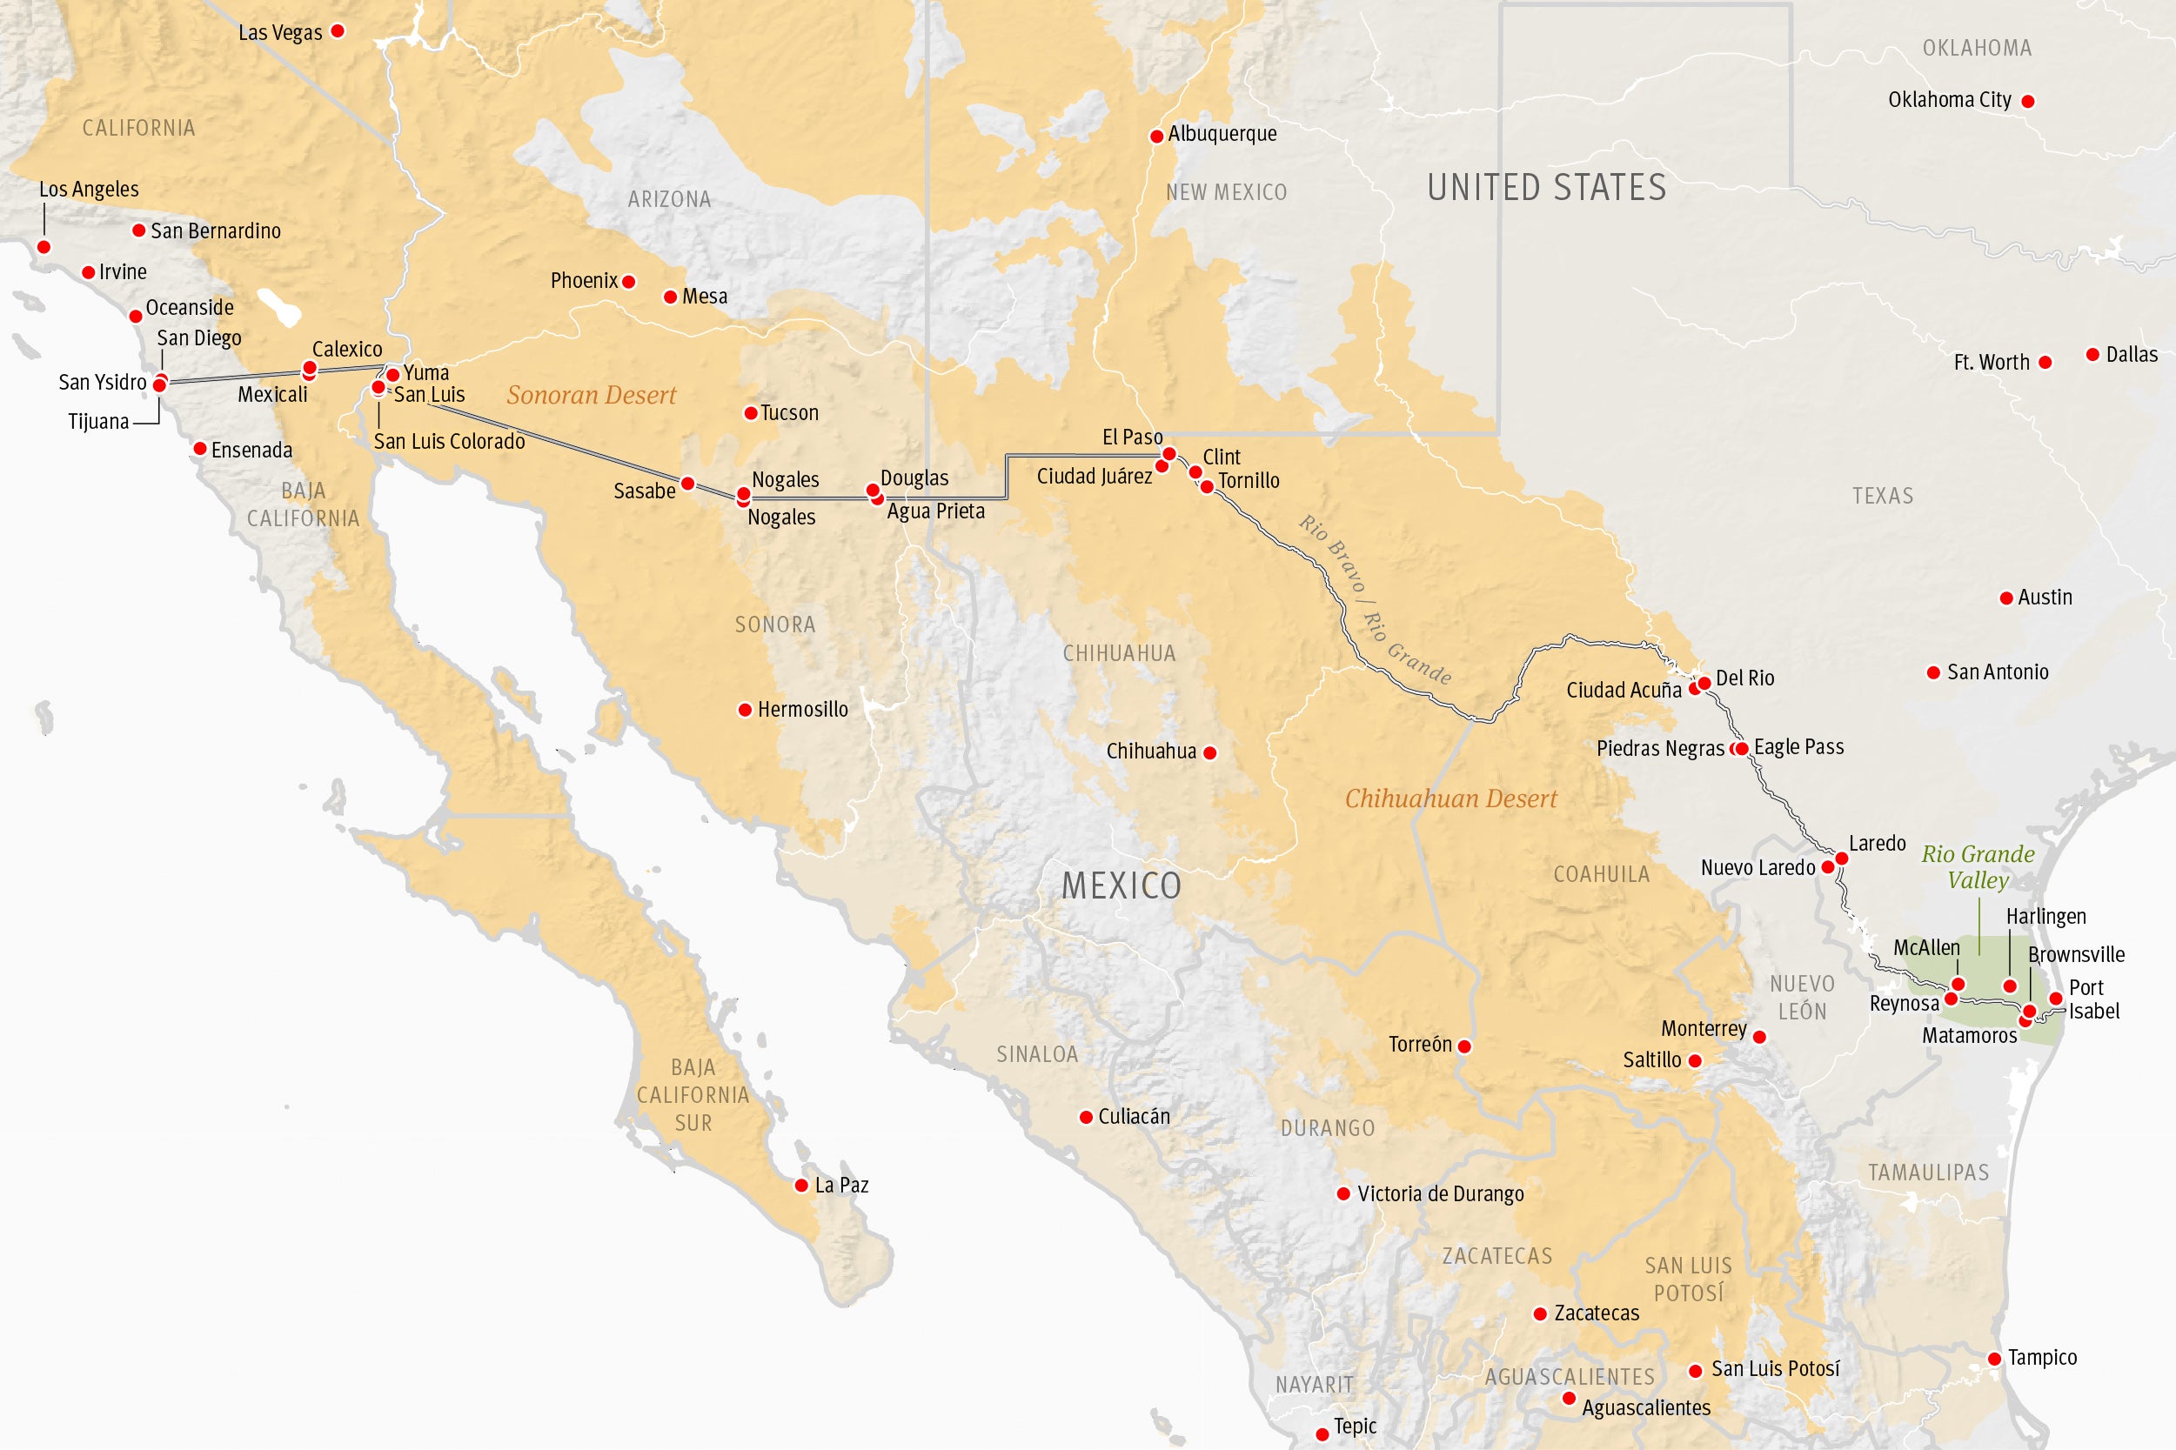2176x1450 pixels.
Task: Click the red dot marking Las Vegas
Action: (338, 31)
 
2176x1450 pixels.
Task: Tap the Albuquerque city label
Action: (1222, 134)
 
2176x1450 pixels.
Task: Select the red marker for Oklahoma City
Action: (2028, 102)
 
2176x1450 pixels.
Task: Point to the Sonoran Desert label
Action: (591, 396)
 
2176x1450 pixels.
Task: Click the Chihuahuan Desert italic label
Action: (1450, 799)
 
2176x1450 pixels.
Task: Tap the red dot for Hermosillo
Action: (745, 710)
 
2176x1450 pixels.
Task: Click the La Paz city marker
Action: (802, 1186)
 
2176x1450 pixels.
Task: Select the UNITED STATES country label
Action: (1546, 188)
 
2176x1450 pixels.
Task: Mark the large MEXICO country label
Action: (1121, 885)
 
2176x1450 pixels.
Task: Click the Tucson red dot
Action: (751, 413)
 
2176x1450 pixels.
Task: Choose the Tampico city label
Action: (2042, 1358)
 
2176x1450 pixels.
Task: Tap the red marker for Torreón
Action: (1464, 1046)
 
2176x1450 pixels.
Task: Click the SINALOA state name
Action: (1037, 1054)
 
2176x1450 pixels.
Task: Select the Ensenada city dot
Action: (200, 450)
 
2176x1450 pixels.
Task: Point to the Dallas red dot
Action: (2092, 355)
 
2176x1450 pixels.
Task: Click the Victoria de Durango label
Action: (1440, 1194)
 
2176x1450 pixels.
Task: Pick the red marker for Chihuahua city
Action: (1209, 752)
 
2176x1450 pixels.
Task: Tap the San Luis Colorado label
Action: (449, 442)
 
